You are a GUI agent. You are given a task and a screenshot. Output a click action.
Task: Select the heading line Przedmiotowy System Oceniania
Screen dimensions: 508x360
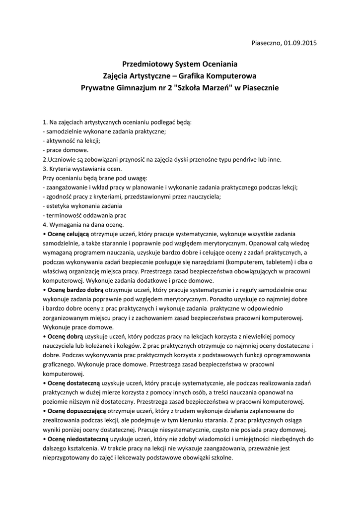pyautogui.click(x=180, y=64)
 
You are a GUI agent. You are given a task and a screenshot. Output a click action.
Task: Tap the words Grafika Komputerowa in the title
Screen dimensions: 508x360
pyautogui.click(x=217, y=76)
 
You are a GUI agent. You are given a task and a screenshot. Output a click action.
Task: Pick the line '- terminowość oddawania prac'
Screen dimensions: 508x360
pyautogui.click(x=85, y=215)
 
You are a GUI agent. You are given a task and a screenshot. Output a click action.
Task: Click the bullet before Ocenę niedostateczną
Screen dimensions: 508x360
pyautogui.click(x=44, y=440)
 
